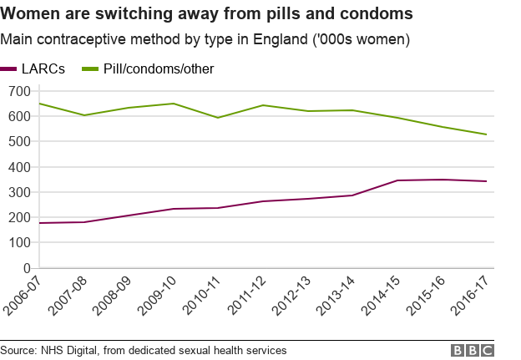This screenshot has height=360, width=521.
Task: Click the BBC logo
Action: coord(473,351)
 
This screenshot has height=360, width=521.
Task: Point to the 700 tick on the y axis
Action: coord(18,90)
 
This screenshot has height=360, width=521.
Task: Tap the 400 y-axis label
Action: coord(18,167)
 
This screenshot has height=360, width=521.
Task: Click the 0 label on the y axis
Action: coord(26,269)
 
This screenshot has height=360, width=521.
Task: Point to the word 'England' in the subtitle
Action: coord(268,40)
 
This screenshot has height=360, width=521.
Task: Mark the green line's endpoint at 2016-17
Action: coord(486,134)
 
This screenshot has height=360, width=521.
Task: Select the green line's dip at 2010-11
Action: coord(219,118)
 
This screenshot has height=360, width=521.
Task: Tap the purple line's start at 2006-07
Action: coord(39,223)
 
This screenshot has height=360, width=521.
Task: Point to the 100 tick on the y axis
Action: coord(18,243)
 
